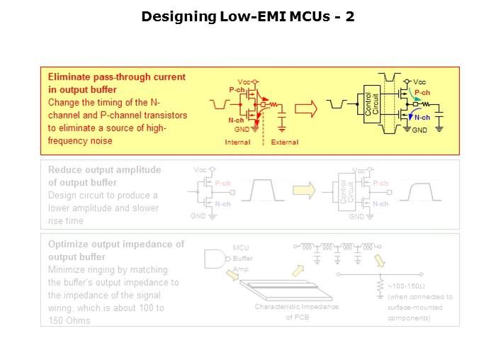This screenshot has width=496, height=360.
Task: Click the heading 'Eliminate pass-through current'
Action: [x=116, y=76]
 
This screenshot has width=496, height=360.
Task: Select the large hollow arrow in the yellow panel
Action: [x=305, y=108]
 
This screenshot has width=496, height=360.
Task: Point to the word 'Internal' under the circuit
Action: [x=237, y=142]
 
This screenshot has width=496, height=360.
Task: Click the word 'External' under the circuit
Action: [x=285, y=142]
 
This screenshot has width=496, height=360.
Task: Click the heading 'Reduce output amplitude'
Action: [x=104, y=170]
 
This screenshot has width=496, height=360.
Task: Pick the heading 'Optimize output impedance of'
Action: [x=115, y=244]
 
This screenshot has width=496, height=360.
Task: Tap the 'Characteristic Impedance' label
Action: [x=297, y=307]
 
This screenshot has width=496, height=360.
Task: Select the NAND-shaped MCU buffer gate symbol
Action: [x=215, y=259]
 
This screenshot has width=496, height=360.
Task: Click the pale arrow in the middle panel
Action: [x=303, y=190]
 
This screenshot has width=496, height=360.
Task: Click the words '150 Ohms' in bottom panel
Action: [x=69, y=321]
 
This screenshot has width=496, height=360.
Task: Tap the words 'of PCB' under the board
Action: [x=297, y=318]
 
